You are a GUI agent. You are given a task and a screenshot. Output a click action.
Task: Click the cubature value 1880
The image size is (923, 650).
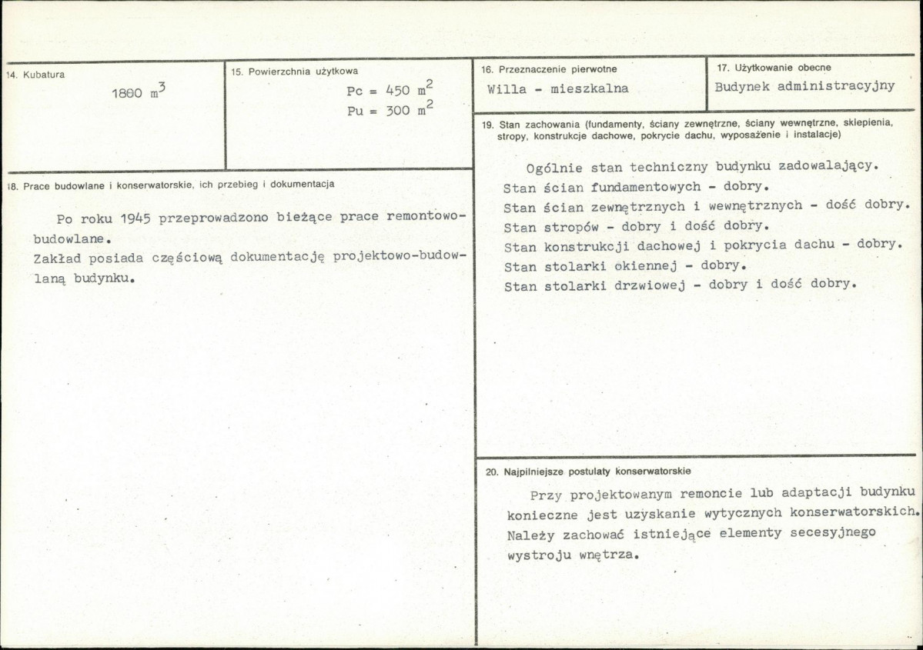(x=127, y=93)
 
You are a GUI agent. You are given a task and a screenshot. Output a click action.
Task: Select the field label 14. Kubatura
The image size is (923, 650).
(x=35, y=75)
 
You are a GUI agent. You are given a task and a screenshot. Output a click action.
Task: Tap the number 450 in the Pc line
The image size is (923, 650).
(x=397, y=91)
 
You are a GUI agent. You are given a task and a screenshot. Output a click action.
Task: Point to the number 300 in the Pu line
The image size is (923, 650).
(x=397, y=111)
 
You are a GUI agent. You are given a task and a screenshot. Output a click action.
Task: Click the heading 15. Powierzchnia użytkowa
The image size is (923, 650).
(x=294, y=71)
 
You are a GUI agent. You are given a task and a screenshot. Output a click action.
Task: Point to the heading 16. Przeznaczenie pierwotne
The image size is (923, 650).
(x=549, y=69)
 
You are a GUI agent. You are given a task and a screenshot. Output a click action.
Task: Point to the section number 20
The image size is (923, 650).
(x=492, y=471)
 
